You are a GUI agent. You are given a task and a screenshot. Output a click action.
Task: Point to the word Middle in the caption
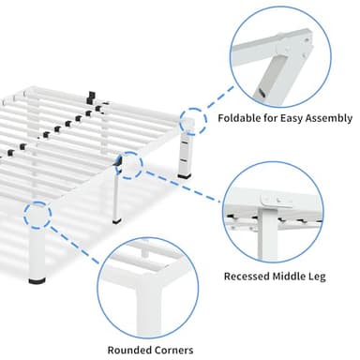point(295,277)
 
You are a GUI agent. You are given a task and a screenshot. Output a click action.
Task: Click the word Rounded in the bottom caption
point(130,352)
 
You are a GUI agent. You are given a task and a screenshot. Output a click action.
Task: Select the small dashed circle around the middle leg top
point(130,167)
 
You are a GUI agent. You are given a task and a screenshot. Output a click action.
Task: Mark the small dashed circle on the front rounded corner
point(38,215)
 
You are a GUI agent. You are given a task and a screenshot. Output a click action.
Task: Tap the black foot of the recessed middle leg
point(116,221)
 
